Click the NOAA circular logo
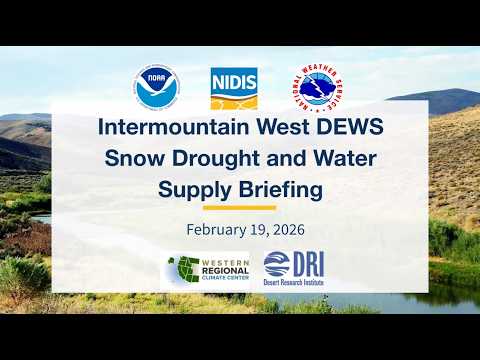[156, 89]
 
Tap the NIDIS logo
[235, 89]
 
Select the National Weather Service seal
[319, 89]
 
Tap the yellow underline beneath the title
[239, 208]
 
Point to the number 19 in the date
[250, 229]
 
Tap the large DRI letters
[305, 264]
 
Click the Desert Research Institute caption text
[295, 283]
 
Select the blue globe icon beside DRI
[274, 265]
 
